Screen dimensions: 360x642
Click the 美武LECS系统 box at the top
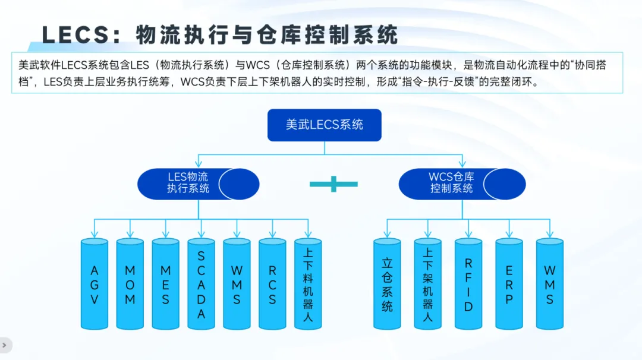click(324, 125)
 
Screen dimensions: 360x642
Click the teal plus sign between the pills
click(333, 184)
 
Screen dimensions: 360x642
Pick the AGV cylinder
click(94, 285)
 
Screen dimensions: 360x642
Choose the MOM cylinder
click(130, 285)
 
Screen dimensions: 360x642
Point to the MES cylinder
click(165, 285)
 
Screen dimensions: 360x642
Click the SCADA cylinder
click(201, 285)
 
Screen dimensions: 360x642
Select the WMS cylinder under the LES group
click(237, 285)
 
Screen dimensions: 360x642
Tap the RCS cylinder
click(272, 285)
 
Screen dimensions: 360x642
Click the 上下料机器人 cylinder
click(308, 285)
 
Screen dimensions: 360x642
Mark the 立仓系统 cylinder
click(387, 285)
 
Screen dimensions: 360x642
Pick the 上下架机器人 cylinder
click(428, 285)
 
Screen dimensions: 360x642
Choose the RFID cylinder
click(468, 285)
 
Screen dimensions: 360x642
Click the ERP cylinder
click(509, 285)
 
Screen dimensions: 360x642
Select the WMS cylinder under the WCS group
click(549, 285)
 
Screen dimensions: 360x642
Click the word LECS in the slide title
click(75, 35)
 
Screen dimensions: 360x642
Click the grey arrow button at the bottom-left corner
click(5, 345)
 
